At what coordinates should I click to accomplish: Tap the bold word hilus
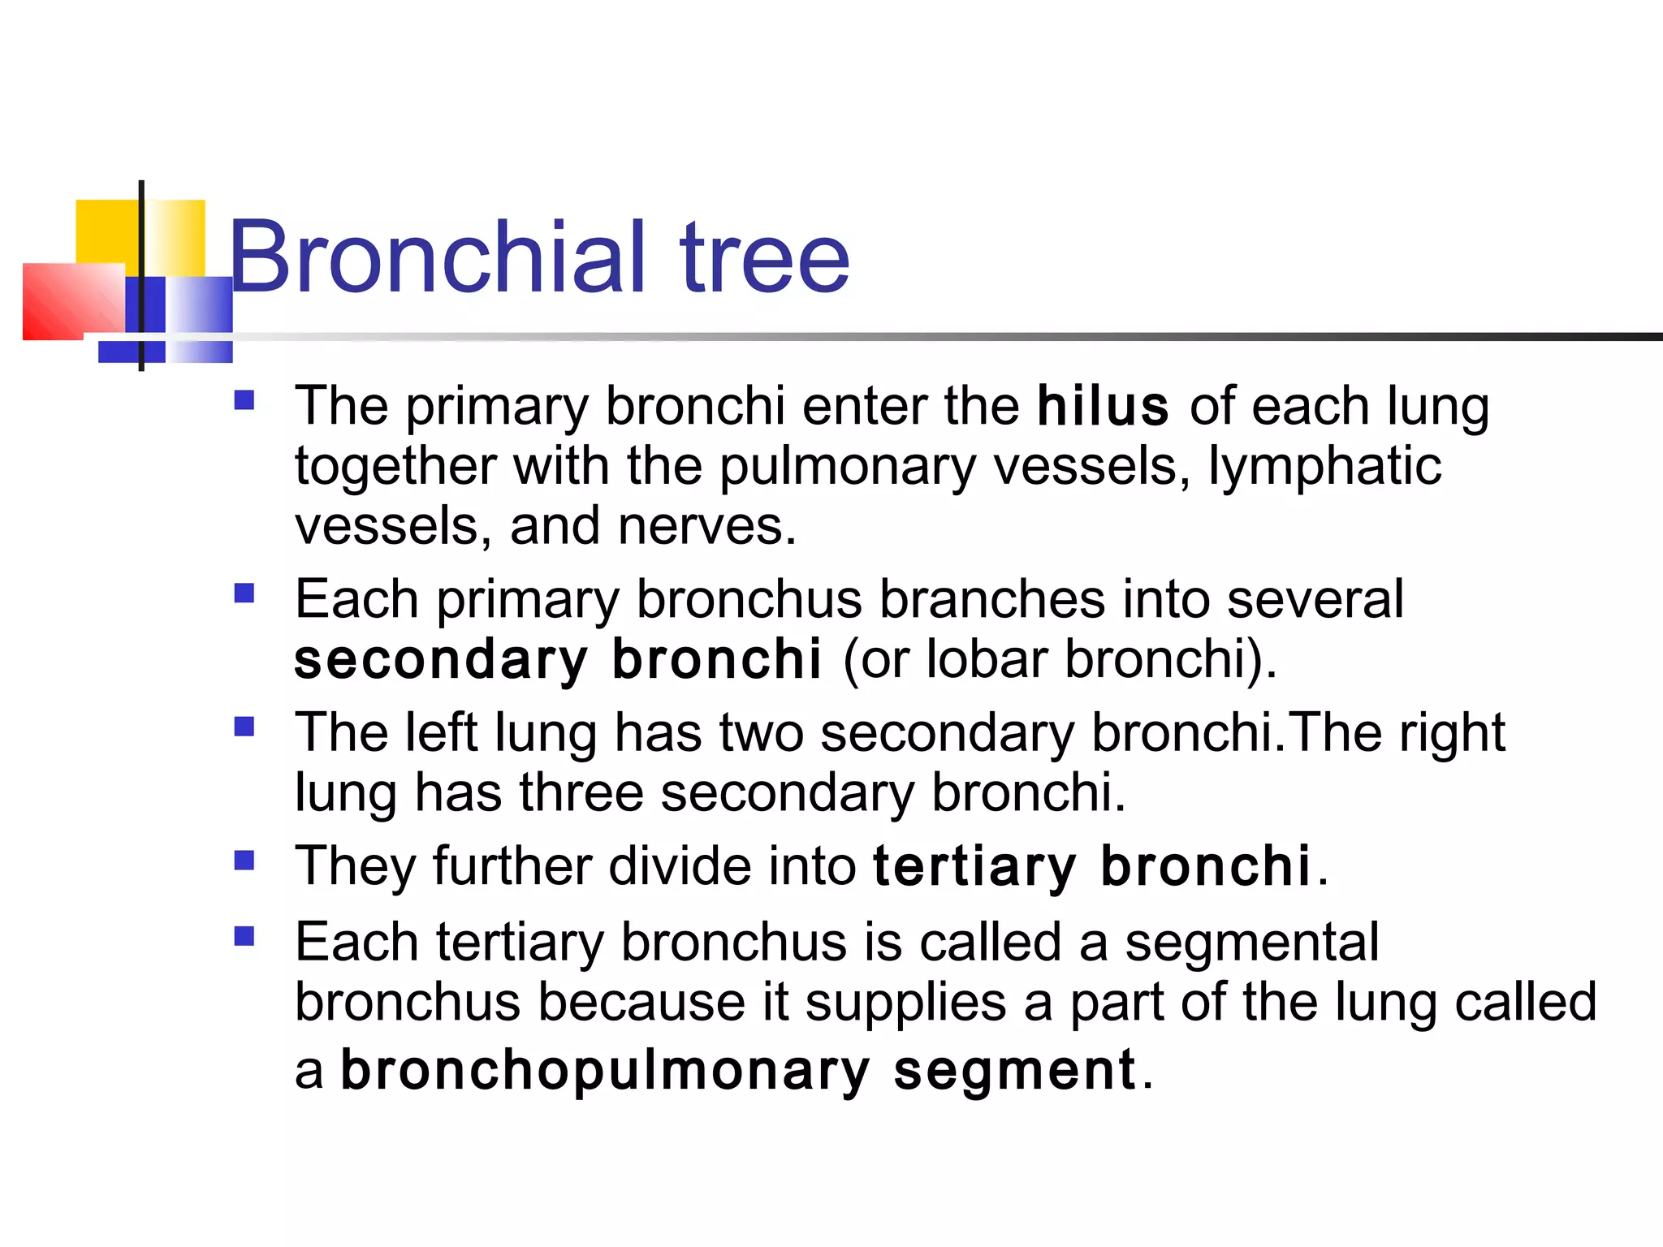[1103, 406]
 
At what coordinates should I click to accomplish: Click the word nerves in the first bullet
[706, 527]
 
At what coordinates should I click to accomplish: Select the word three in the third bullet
[581, 793]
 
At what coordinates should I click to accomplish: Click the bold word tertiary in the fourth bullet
[974, 867]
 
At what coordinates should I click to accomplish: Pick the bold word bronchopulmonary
[605, 1071]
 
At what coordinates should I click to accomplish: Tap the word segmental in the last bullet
[1251, 943]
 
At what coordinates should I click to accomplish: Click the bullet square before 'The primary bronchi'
[244, 400]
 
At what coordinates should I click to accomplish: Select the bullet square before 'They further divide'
[244, 860]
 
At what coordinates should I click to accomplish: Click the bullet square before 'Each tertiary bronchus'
[244, 937]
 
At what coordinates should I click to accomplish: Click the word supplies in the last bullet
[905, 1003]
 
